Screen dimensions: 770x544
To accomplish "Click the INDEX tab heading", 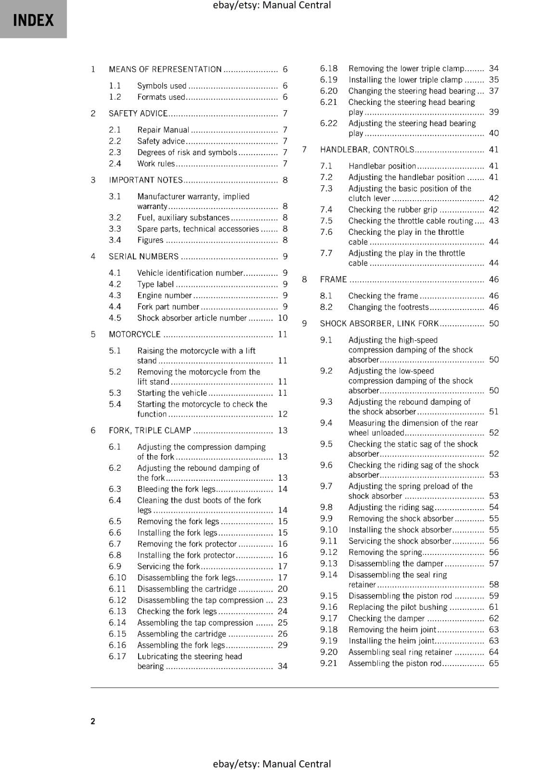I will coord(33,20).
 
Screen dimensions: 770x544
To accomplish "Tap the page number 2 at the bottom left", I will coord(93,720).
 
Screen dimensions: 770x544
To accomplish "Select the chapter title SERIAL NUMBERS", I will coord(143,257).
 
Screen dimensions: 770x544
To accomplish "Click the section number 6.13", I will coord(117,611).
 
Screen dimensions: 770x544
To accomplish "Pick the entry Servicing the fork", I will coord(168,566).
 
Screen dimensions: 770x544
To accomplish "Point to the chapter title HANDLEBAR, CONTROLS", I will coord(367,150).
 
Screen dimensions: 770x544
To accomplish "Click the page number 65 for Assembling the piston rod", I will coord(493,663).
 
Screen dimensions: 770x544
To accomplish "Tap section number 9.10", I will coord(329,530).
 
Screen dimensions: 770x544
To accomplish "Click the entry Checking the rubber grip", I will coord(393,209).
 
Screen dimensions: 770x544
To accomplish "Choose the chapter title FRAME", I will coord(333,280).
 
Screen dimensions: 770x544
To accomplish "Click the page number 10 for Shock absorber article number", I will coord(283,318).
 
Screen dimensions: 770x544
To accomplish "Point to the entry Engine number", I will coord(165,295).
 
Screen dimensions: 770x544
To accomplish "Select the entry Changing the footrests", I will coord(388,307).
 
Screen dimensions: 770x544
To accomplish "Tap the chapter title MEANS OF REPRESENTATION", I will coord(165,69).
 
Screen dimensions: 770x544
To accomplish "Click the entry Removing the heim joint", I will coord(392,629).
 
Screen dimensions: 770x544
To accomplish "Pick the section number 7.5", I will coord(326,221).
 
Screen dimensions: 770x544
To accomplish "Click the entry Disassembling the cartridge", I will coord(187,589).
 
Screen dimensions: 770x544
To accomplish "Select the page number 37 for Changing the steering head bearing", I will coord(493,91).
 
